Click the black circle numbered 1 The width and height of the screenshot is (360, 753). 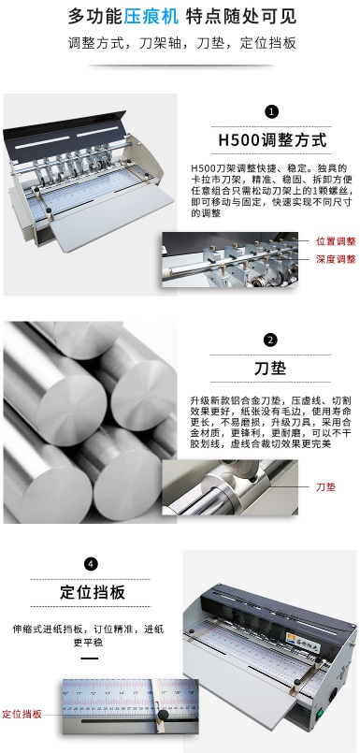tap(272, 111)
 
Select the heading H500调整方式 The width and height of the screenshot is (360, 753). tap(271, 140)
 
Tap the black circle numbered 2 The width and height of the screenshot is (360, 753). tap(271, 340)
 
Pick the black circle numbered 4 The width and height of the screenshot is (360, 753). tap(91, 564)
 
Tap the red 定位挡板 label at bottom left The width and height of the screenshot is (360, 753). tap(22, 714)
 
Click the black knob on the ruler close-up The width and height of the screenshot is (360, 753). tap(162, 717)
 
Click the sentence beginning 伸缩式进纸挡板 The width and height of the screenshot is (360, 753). tap(91, 633)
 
